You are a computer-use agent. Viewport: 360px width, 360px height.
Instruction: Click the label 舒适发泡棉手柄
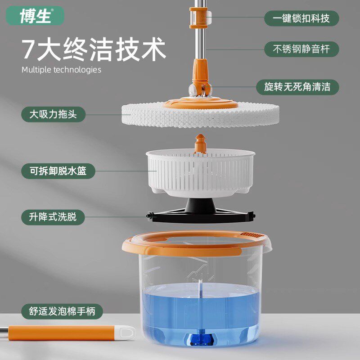61,310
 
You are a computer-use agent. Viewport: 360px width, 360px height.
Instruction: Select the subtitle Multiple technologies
61,70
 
